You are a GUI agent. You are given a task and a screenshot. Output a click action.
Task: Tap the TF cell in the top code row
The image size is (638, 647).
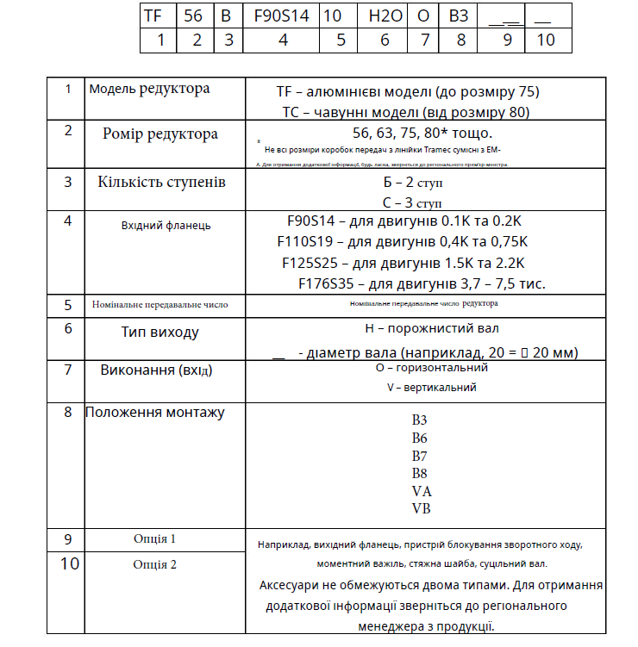153,15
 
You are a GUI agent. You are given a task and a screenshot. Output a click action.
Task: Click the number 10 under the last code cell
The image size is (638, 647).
545,40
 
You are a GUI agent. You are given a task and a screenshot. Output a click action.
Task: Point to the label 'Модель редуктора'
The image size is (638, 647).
149,89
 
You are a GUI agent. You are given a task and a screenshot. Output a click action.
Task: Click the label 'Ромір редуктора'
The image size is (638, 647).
160,134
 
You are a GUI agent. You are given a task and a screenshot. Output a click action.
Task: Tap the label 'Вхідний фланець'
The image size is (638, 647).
166,226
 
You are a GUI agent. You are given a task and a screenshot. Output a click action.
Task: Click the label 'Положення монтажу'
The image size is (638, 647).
155,413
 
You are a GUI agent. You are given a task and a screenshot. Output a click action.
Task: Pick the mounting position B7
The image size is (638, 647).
420,456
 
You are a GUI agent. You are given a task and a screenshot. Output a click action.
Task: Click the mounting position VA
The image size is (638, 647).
421,491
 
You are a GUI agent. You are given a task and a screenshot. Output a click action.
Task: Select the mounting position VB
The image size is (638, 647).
421,508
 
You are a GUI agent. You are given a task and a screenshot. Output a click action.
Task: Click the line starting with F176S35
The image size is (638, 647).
422,283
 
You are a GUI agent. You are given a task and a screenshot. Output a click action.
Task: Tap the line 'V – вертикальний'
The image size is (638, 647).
432,388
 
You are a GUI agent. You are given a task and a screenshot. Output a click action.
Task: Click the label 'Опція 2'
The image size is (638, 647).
155,565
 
